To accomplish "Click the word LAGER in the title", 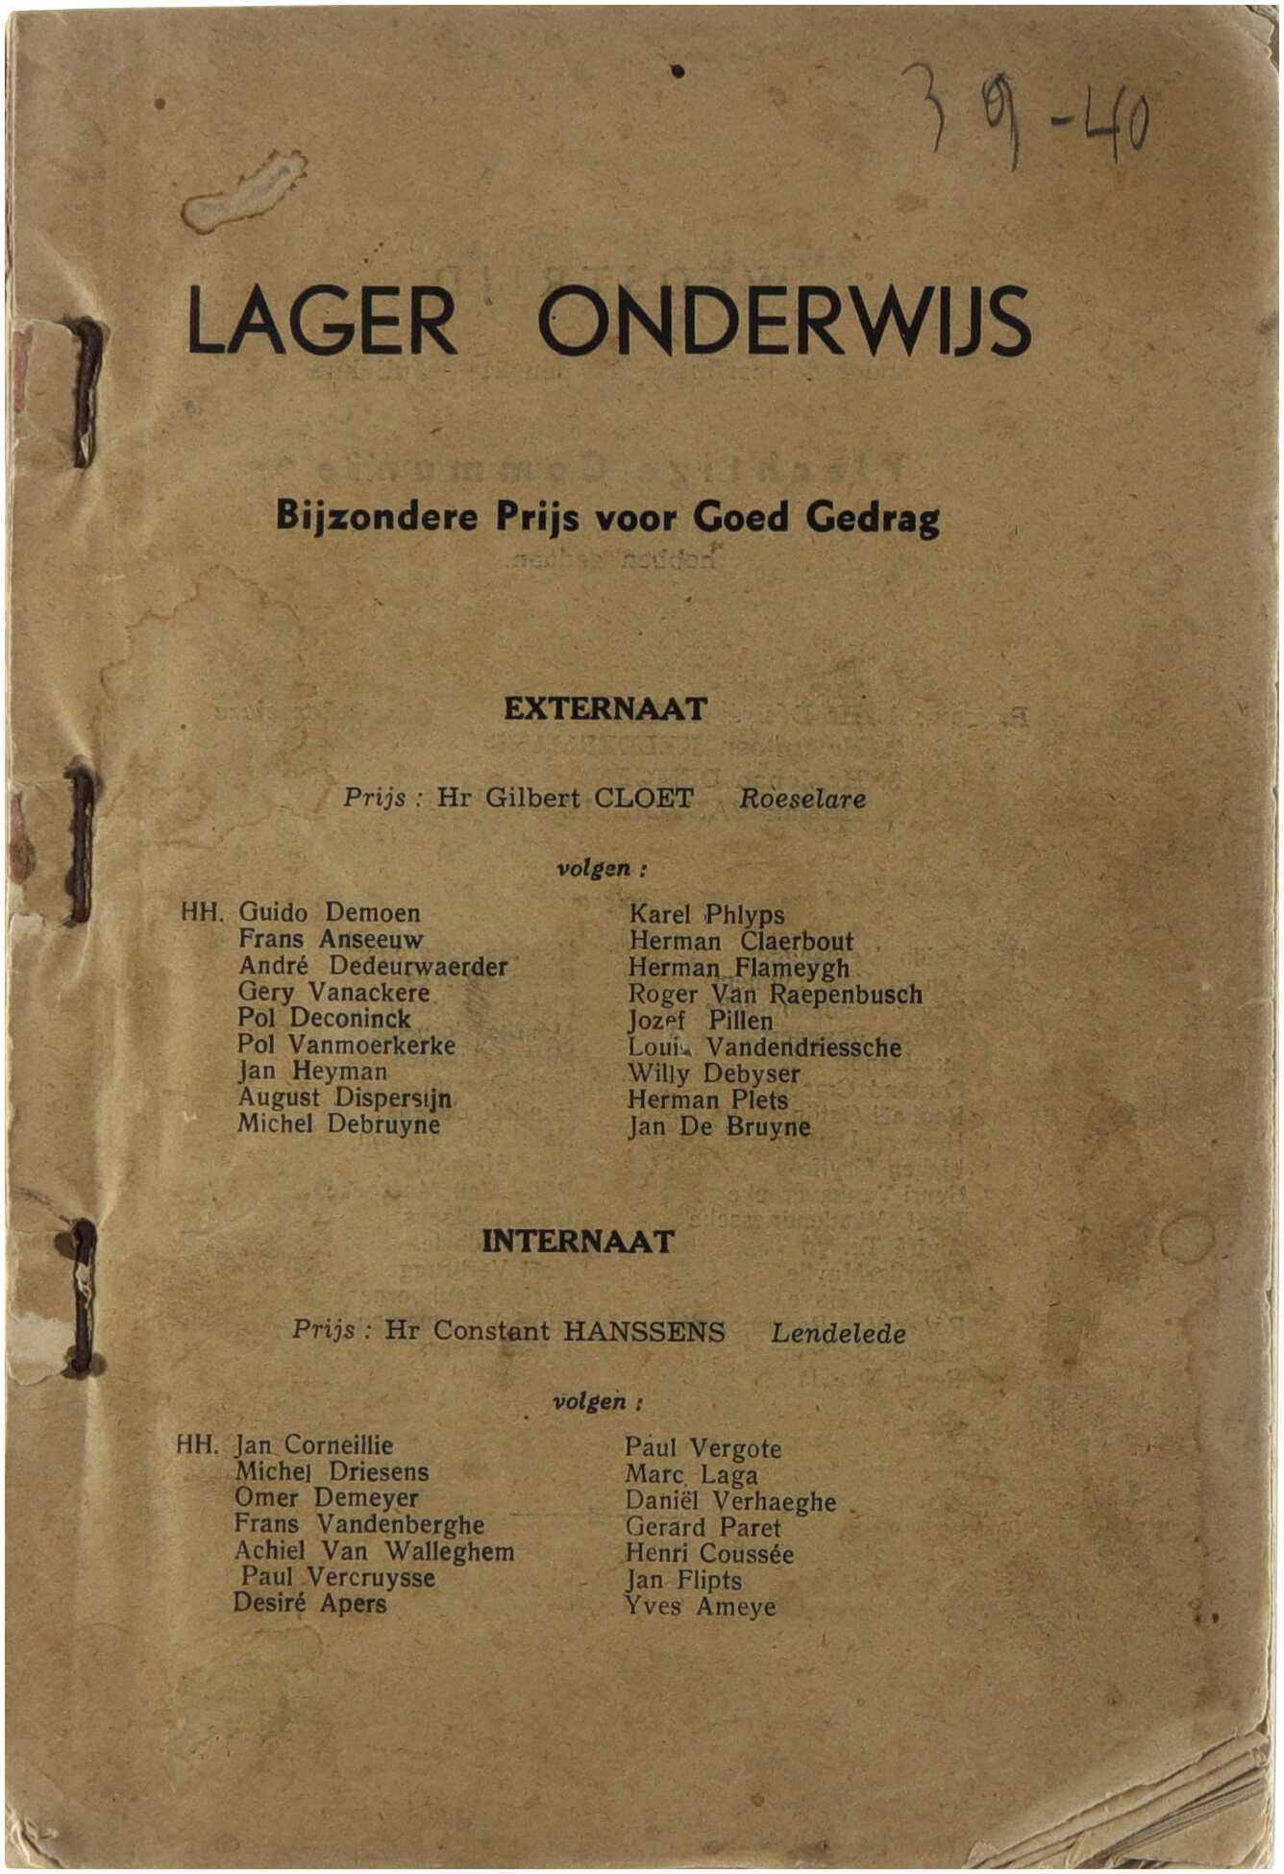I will point(322,320).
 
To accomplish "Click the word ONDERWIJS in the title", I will point(783,320).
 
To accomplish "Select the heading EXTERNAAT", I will point(605,709).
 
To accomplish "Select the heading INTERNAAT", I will point(578,1242).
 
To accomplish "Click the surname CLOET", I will point(643,799).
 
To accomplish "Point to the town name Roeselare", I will point(802,800).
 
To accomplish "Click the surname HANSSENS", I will point(644,1332).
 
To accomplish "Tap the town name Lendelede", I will point(838,1334).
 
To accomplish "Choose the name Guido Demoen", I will point(329,913).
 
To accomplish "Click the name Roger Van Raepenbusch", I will point(775,995).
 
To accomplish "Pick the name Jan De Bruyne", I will point(719,1127).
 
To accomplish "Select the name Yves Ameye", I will point(700,1607).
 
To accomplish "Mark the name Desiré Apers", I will point(309,1604).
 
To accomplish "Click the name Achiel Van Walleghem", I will point(374,1551).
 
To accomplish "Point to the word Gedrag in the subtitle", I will point(873,518).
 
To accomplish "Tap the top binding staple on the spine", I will point(86,392).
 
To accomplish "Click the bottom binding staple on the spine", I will point(85,1297).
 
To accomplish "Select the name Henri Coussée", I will point(709,1554).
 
